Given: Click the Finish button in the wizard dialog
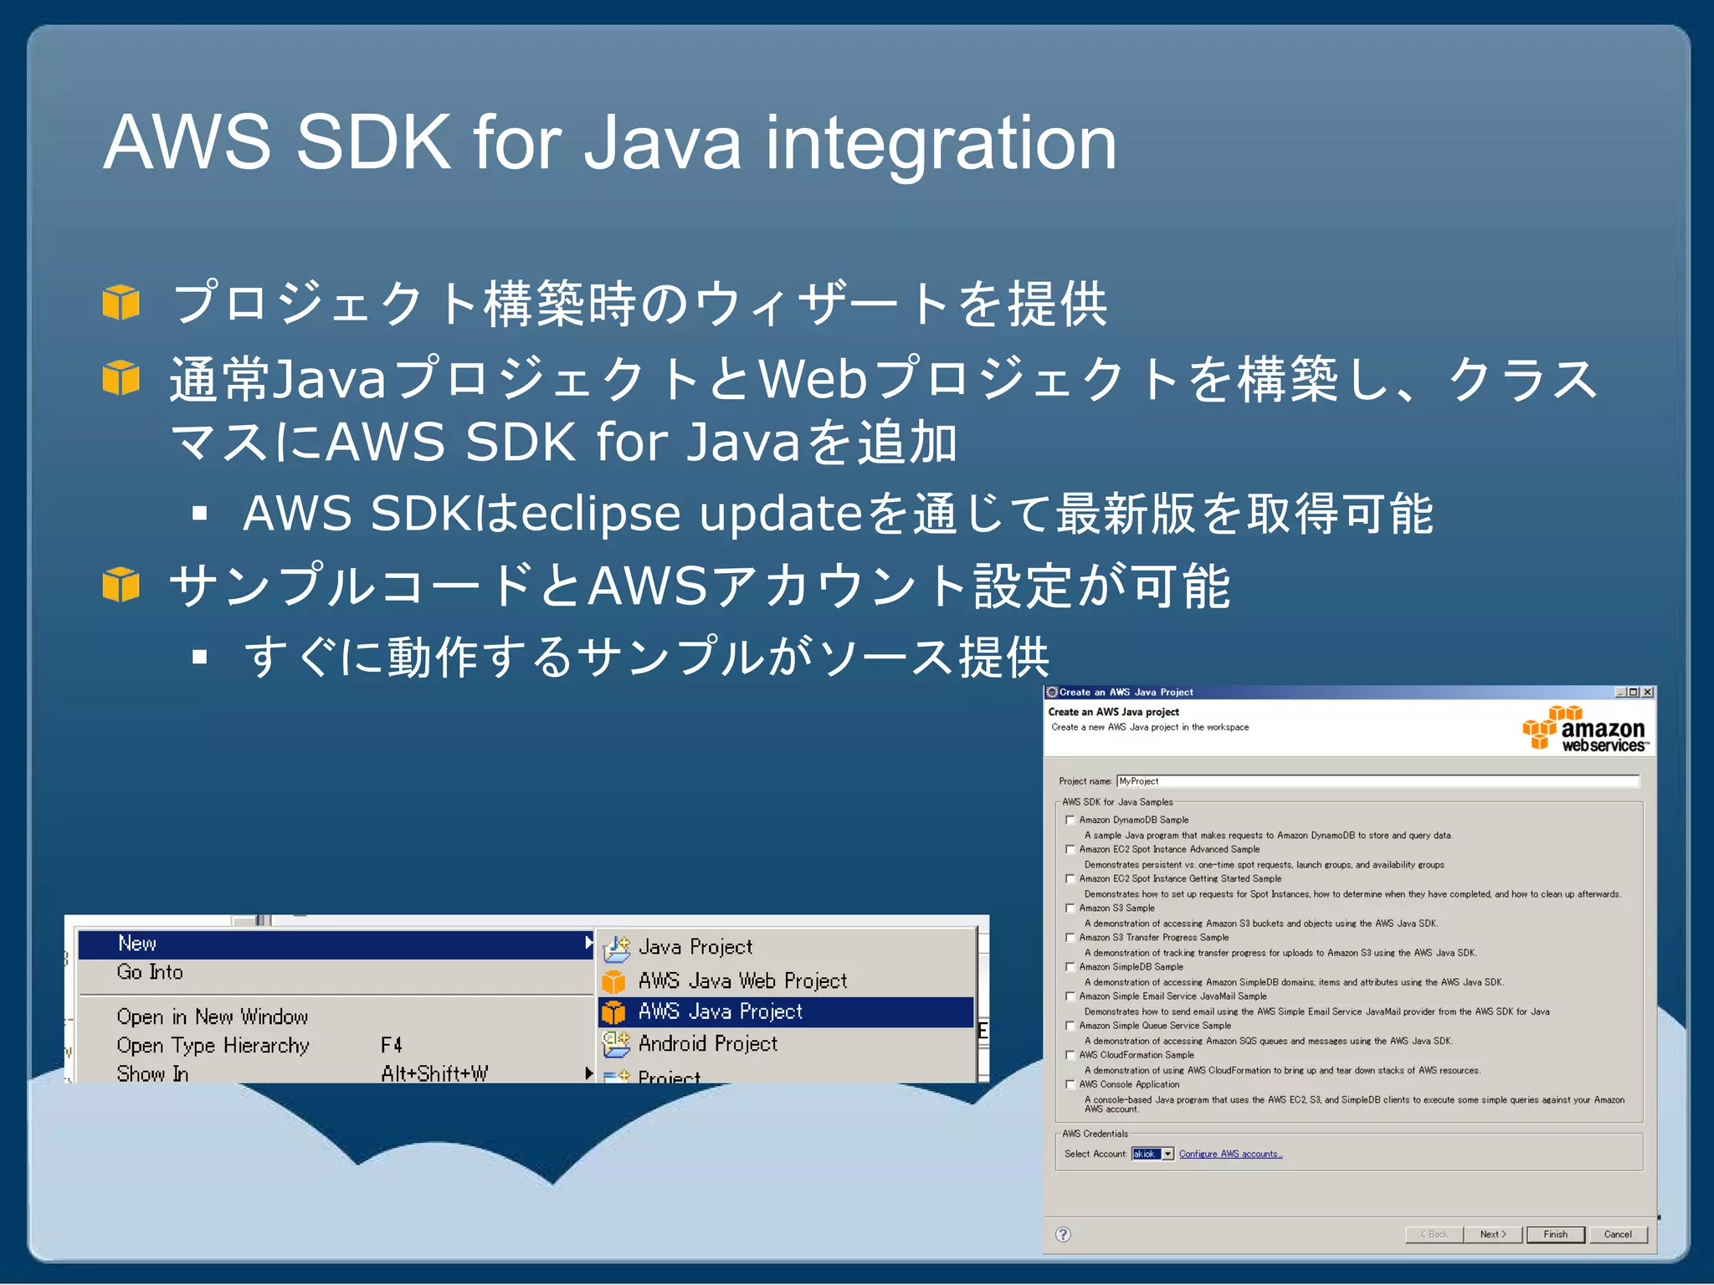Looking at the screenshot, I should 1555,1234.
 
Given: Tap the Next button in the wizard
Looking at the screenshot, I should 1492,1234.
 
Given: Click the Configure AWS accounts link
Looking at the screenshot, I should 1230,1154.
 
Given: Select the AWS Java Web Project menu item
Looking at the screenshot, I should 742,980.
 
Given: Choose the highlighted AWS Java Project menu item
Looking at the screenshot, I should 720,1012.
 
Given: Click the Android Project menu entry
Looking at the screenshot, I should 707,1044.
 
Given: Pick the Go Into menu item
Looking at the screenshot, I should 150,972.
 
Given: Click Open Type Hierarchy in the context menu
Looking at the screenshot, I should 213,1046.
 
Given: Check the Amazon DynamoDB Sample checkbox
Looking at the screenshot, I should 1070,820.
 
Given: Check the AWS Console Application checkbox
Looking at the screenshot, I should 1070,1084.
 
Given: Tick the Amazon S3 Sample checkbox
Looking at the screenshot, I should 1070,908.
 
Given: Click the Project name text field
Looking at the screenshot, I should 1377,781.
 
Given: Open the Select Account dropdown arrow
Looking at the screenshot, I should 1167,1154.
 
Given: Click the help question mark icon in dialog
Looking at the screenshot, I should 1063,1234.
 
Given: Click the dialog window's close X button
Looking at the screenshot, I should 1647,693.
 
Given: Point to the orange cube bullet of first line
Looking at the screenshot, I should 121,302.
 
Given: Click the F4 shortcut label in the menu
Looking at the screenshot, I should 391,1046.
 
